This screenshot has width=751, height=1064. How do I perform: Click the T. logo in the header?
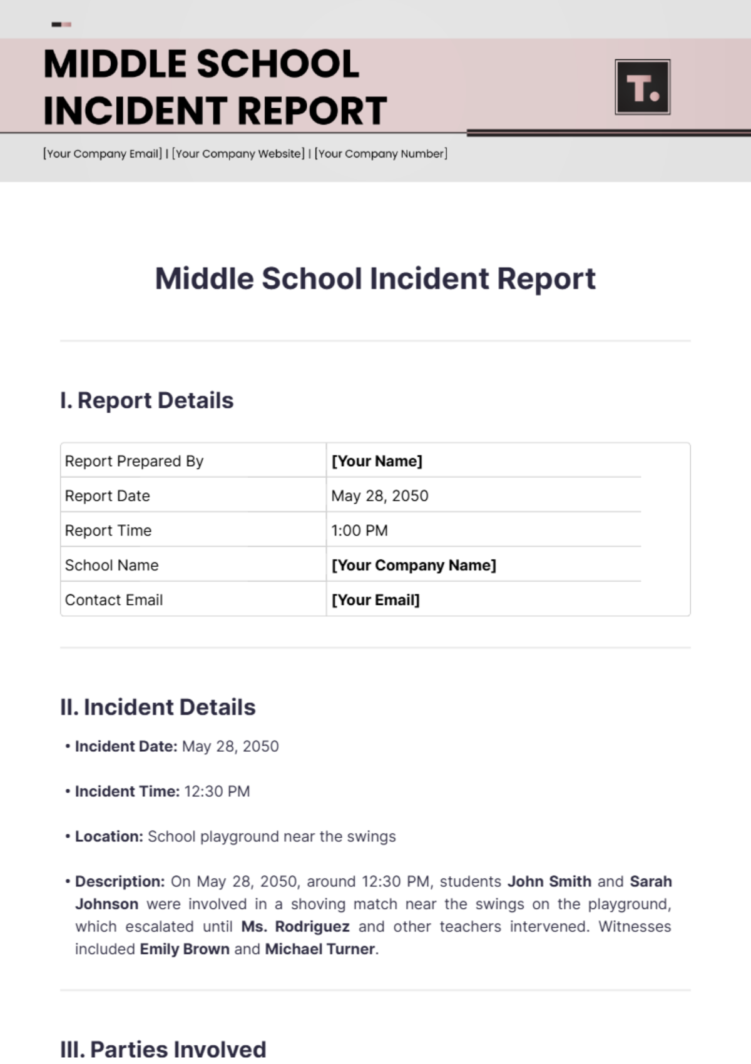pyautogui.click(x=643, y=87)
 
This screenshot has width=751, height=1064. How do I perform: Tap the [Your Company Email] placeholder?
pyautogui.click(x=103, y=153)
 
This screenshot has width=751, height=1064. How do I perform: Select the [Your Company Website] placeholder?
pyautogui.click(x=238, y=153)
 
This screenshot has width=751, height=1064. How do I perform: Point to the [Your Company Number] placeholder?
pyautogui.click(x=381, y=153)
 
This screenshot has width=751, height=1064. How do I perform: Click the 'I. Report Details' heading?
pyautogui.click(x=146, y=400)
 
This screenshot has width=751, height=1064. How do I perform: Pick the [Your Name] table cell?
pyautogui.click(x=377, y=461)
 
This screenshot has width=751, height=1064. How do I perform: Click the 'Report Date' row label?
pyautogui.click(x=108, y=496)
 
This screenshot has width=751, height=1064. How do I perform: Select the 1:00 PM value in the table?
pyautogui.click(x=359, y=530)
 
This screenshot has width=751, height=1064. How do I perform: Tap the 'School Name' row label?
pyautogui.click(x=112, y=565)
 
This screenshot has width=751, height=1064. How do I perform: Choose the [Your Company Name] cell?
pyautogui.click(x=414, y=565)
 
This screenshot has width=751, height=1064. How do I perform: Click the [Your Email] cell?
pyautogui.click(x=375, y=600)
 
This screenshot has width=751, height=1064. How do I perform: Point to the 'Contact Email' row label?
pyautogui.click(x=114, y=600)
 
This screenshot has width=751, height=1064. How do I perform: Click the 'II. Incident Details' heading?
pyautogui.click(x=158, y=707)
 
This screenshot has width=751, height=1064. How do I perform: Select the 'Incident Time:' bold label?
pyautogui.click(x=127, y=791)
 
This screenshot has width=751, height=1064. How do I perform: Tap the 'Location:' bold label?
pyautogui.click(x=109, y=836)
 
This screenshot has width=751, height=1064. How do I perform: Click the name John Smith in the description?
pyautogui.click(x=549, y=881)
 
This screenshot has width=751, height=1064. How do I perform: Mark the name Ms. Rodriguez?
pyautogui.click(x=295, y=926)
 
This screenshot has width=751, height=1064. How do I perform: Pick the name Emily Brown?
pyautogui.click(x=185, y=949)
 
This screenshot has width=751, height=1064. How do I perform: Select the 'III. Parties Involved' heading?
pyautogui.click(x=163, y=1049)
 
